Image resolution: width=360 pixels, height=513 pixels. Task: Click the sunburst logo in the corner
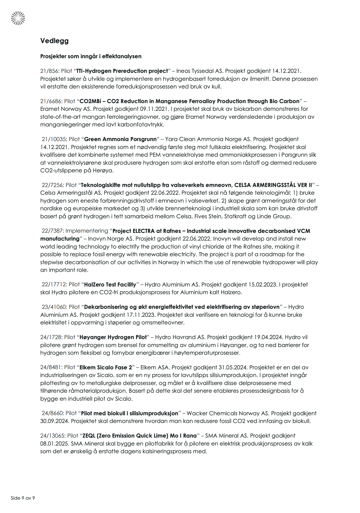18,18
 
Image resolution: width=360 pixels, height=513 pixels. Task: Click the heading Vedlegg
54,41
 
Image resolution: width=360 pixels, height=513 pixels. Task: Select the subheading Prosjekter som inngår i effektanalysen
91,56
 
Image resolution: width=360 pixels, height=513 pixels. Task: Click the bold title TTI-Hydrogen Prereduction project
122,71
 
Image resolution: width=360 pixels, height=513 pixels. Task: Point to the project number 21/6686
51,101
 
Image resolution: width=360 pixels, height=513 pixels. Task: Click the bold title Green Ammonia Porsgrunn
120,139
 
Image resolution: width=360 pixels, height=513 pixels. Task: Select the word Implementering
87,231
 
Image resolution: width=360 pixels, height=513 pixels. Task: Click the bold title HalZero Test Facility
110,285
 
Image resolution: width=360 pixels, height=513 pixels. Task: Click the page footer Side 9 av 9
23,498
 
